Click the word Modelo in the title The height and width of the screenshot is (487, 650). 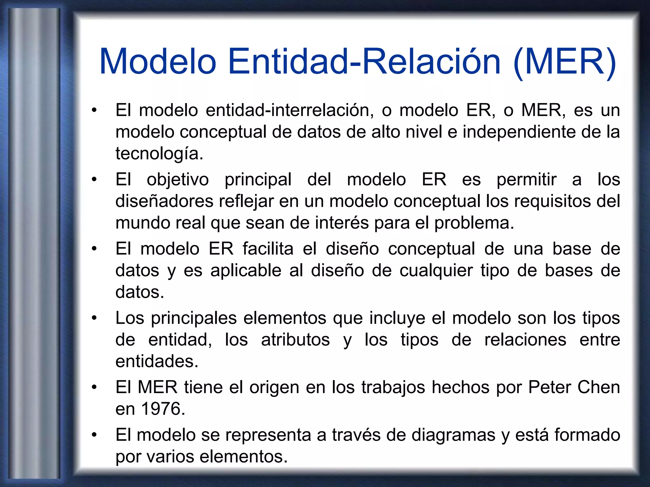[158, 62]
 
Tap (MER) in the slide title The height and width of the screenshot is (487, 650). [565, 62]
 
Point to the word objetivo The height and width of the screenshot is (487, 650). [178, 180]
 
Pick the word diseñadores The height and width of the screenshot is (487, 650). [164, 202]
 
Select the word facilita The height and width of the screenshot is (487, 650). [268, 249]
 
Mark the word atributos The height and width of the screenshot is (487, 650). [295, 340]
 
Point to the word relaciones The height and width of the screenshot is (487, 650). [525, 340]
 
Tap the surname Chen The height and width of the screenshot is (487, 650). [599, 388]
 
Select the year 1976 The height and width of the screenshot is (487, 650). [162, 409]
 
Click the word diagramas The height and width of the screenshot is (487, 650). [453, 435]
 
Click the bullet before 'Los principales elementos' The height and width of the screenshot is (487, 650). [94, 318]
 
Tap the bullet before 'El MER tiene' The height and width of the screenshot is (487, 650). [94, 387]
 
